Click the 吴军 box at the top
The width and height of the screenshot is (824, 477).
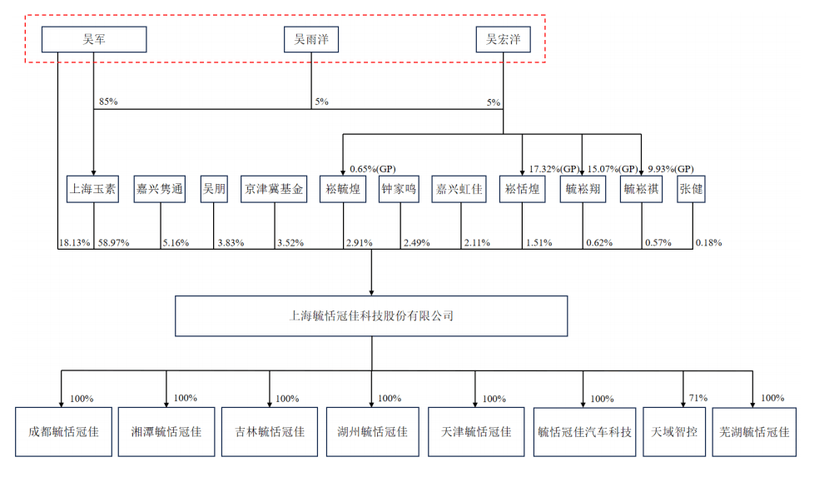click(94, 39)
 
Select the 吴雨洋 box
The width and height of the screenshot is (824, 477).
click(311, 39)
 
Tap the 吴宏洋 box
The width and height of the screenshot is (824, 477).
click(503, 39)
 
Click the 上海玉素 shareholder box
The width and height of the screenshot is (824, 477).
click(93, 189)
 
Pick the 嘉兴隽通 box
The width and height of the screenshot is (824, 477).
click(159, 189)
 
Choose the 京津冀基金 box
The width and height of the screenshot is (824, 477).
click(274, 189)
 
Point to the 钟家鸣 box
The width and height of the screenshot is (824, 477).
click(399, 189)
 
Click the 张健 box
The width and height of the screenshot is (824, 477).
click(691, 189)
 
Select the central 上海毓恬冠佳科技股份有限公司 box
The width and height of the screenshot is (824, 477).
click(371, 316)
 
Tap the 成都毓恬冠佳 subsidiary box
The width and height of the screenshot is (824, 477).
click(63, 432)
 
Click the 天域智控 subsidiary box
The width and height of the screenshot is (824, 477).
click(674, 432)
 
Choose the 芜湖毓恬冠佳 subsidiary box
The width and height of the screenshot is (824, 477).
click(754, 432)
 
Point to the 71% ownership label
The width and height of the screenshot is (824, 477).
click(698, 398)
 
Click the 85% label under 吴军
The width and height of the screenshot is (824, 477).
click(108, 102)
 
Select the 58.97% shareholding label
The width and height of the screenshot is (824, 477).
click(113, 243)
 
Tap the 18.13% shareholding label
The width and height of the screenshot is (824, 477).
click(75, 243)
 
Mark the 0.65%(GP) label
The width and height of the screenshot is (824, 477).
click(373, 169)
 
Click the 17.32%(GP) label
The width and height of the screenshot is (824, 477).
click(553, 169)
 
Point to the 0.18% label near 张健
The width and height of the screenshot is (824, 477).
click(709, 243)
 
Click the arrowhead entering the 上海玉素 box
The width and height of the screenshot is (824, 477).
click(93, 172)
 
